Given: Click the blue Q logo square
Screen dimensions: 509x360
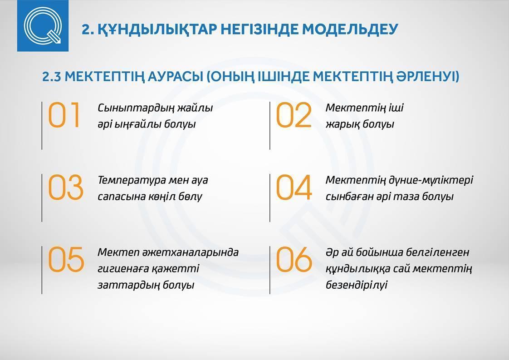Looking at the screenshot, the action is [x=43, y=26].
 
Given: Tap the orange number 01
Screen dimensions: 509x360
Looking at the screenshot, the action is [x=64, y=115].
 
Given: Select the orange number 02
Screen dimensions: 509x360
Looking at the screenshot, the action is [x=294, y=115].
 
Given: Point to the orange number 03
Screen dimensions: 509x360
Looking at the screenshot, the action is [x=66, y=187].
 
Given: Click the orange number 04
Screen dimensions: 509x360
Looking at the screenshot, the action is [x=294, y=187].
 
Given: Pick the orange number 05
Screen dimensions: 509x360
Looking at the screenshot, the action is [x=66, y=259].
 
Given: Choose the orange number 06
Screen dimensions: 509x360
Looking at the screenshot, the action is [x=294, y=259].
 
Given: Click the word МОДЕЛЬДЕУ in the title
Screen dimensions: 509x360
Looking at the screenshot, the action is [x=350, y=29].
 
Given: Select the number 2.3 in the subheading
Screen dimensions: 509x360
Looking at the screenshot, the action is [x=52, y=77].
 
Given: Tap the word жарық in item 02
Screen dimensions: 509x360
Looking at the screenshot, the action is [x=342, y=124].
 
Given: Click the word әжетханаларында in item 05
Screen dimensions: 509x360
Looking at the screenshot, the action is [x=191, y=252].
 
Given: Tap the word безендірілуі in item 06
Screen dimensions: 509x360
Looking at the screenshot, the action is [x=357, y=285].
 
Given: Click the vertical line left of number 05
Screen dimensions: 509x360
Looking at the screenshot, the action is [x=42, y=270].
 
